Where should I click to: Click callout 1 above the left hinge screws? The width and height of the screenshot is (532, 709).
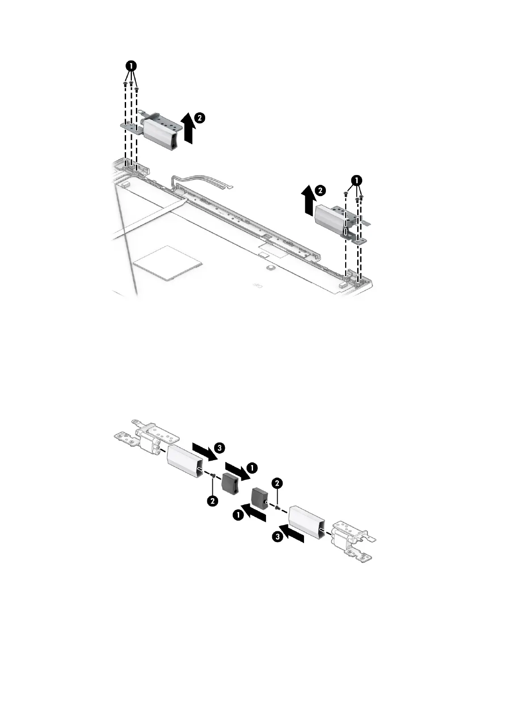(x=131, y=66)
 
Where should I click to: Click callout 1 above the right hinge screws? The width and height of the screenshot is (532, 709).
(x=356, y=180)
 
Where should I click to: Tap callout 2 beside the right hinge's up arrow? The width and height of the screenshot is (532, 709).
(x=320, y=190)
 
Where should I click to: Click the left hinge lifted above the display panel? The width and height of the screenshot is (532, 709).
(x=157, y=130)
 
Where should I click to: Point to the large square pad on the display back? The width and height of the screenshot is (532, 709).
(x=165, y=262)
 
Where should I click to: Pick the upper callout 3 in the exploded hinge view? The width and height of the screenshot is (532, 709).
(x=219, y=447)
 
